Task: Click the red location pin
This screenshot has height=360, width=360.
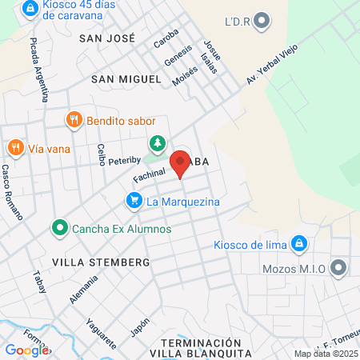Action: point(180,162)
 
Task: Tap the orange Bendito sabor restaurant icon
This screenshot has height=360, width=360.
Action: point(74,119)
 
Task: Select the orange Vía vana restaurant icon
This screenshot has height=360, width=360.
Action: point(14,147)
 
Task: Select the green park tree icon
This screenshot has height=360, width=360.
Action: point(158,144)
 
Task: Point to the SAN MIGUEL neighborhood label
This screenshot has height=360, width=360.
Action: point(126,79)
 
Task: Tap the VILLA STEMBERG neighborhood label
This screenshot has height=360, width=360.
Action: point(101,262)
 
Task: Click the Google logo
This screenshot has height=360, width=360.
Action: point(26,350)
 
